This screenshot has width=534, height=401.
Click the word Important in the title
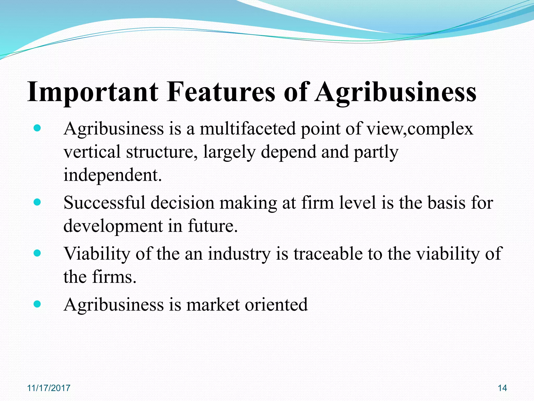(93, 92)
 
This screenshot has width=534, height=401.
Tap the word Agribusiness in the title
(396, 92)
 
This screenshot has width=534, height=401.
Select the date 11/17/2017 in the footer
(49, 388)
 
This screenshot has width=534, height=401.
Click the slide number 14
(502, 388)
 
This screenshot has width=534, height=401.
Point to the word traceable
(328, 253)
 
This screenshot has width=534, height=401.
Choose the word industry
(239, 253)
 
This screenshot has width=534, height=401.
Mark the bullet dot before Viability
(38, 253)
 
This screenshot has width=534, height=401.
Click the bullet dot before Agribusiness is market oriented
(38, 304)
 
